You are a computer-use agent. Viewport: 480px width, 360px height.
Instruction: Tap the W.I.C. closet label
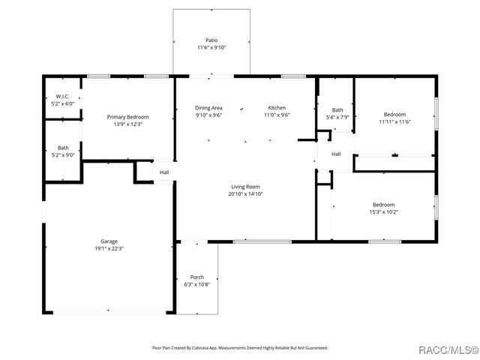click(x=63, y=97)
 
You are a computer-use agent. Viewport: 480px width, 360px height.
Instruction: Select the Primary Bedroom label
click(x=127, y=117)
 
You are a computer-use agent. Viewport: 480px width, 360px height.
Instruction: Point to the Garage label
click(x=109, y=241)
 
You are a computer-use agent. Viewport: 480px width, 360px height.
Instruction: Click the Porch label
click(x=196, y=277)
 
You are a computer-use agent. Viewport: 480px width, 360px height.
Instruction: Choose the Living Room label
click(x=245, y=187)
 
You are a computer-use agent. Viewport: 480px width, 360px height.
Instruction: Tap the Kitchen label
click(x=276, y=107)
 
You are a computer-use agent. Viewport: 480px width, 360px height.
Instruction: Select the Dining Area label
click(x=208, y=107)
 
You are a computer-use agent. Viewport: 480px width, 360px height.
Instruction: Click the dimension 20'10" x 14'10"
click(x=245, y=194)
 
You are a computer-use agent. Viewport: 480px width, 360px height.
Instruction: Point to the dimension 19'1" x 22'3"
click(x=109, y=249)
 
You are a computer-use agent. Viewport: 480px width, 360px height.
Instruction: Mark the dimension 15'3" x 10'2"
click(x=384, y=212)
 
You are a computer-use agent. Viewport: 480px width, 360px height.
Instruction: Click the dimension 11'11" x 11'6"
click(x=394, y=121)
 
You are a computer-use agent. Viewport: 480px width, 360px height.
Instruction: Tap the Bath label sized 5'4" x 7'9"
click(x=337, y=109)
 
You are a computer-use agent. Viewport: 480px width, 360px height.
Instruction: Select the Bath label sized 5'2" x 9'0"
click(x=63, y=148)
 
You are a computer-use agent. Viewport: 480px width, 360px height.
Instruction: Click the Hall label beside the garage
click(x=163, y=172)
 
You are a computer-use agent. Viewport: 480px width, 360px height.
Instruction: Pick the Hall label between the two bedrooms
click(x=336, y=154)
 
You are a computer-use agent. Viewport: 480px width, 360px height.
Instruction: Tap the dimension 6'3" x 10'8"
click(x=196, y=285)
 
